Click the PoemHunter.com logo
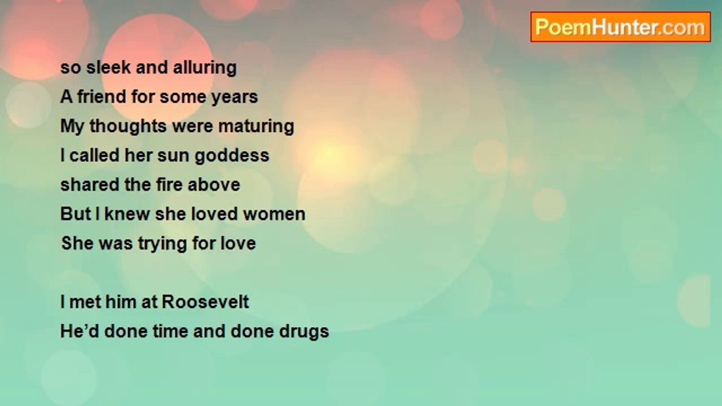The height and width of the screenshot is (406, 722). click(620, 27)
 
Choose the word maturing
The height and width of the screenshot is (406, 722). click(256, 126)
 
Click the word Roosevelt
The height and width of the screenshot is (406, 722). click(205, 302)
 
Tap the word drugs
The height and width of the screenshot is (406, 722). click(304, 332)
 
